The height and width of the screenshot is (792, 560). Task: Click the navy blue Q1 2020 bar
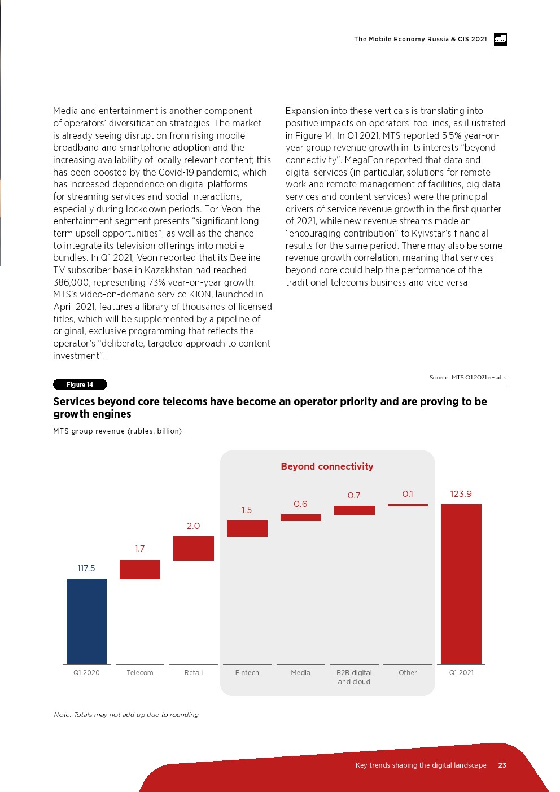point(86,621)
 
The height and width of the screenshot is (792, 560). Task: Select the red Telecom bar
point(140,570)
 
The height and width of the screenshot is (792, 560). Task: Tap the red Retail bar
point(194,548)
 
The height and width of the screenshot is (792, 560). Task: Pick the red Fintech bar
point(247,528)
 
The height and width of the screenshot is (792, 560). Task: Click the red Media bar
point(301,518)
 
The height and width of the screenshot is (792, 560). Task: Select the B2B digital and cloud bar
point(355,510)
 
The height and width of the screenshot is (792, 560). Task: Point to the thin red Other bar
point(408,505)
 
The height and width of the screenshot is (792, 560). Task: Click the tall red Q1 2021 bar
point(461,584)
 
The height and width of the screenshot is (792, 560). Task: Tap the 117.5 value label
point(86,568)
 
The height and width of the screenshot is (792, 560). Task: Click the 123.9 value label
point(461,494)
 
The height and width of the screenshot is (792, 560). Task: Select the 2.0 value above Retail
point(194,526)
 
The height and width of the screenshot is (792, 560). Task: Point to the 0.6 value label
point(301,504)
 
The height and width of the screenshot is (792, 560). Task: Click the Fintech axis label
point(247,673)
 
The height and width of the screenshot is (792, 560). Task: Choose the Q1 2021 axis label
point(461,673)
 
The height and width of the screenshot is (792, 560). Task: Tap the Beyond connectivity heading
point(327,467)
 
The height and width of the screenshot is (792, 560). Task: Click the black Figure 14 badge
point(80,384)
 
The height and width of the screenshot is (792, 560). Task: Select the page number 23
point(502,765)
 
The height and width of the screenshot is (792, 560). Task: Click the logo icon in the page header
point(500,39)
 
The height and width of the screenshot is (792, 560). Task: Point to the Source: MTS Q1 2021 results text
point(468,378)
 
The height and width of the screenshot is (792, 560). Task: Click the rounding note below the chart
point(126,715)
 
